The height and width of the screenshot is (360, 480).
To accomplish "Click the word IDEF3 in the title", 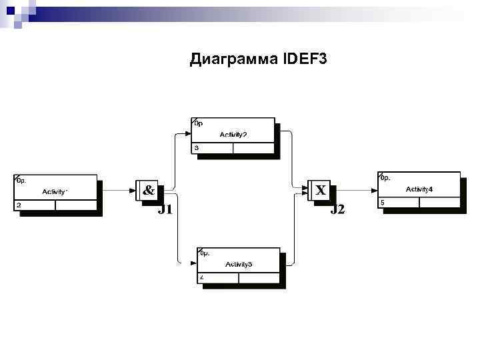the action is coord(305,60).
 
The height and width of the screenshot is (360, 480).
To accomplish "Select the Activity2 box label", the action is coord(233,135).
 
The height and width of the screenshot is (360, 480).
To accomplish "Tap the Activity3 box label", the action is coord(239,265).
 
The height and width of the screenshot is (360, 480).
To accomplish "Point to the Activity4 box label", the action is coord(419,190).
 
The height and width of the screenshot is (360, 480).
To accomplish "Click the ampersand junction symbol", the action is coord(149,191).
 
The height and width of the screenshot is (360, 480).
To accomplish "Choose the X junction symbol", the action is coord(321,191).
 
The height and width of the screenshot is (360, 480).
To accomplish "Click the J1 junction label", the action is coord(165,210).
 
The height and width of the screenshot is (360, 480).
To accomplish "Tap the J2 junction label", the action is coord(338,210).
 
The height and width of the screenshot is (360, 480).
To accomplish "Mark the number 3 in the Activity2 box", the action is coord(197,147).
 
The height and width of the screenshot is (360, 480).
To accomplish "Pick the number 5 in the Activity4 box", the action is coord(383,202).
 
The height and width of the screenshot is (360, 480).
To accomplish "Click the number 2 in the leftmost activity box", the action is coord(19,205).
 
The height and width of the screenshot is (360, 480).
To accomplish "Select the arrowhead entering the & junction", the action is coord(132,190).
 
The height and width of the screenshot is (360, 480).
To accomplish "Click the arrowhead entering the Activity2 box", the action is coord(187,133).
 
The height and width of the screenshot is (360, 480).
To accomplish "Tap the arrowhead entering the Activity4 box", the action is coord(374,190).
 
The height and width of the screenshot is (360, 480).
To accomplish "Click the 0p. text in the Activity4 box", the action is coord(385,178).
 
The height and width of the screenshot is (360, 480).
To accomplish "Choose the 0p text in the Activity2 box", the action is coord(198,123).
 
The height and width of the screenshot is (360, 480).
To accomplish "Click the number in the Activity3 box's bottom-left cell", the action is coord(201,277).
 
